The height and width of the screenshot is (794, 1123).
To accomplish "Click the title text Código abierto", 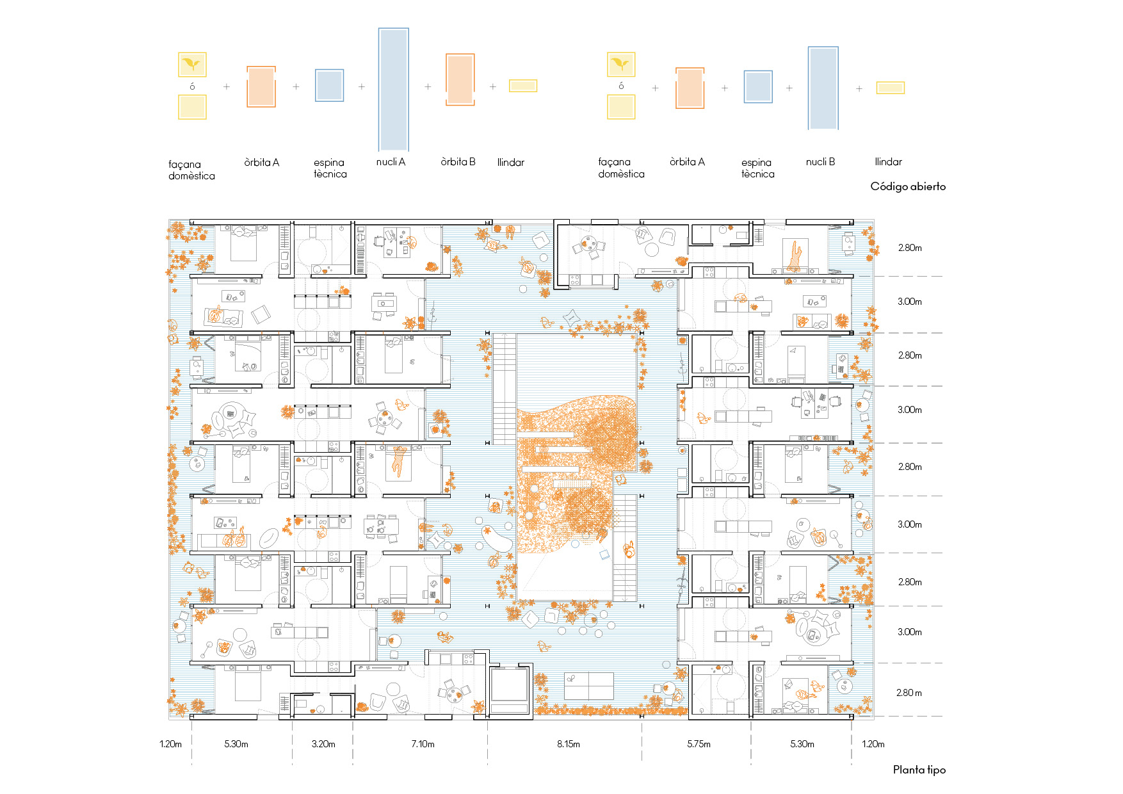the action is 908,186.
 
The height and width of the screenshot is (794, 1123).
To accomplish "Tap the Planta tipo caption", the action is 919,770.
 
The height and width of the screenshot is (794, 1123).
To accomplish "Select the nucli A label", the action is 391,162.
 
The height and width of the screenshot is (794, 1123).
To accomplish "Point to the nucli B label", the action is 820,162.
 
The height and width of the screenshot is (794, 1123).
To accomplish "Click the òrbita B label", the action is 458,162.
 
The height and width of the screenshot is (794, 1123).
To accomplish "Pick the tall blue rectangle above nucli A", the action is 393,89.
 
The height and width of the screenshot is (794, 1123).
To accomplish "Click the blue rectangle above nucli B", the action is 823,88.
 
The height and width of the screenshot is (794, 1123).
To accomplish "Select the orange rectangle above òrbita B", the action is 460,79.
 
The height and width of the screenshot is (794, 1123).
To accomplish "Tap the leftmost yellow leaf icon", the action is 192,65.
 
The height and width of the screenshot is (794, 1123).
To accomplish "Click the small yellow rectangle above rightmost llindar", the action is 891,88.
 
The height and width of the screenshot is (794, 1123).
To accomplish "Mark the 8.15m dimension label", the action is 568,744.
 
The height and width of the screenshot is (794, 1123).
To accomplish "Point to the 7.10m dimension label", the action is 423,744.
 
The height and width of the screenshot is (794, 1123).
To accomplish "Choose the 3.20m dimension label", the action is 323,744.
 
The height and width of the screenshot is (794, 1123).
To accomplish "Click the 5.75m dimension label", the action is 699,744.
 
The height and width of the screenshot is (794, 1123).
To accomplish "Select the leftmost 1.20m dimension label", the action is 171,744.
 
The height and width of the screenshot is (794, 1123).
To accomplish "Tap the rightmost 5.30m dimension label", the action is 802,744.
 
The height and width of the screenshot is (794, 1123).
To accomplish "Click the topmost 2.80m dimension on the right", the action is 910,248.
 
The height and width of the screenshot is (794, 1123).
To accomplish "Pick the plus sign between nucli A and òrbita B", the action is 428,86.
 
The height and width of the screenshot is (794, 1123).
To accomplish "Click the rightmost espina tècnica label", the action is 758,168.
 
